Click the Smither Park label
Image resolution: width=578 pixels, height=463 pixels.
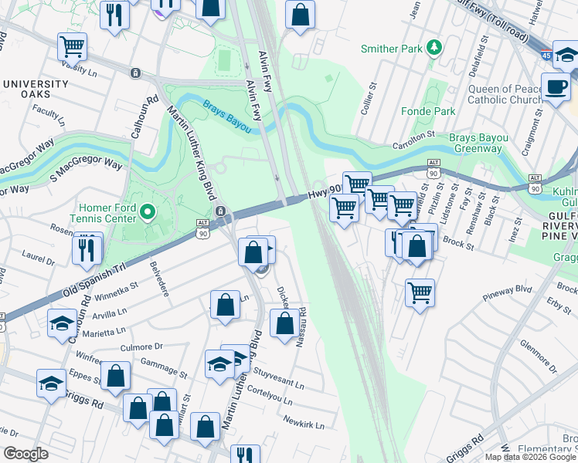(392, 49)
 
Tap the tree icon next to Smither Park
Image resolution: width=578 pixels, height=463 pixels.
(434, 49)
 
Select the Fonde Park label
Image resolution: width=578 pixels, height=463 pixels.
(427, 111)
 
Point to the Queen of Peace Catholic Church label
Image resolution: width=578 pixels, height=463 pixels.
(505, 94)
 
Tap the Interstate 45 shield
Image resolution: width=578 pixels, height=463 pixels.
(546, 55)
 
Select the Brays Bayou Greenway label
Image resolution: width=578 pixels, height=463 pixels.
(480, 143)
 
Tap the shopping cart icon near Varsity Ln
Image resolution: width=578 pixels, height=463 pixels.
(72, 46)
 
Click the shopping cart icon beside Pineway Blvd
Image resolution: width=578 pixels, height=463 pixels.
(420, 292)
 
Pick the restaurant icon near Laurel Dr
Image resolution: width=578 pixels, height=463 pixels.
(88, 248)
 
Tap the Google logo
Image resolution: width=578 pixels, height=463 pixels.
(26, 454)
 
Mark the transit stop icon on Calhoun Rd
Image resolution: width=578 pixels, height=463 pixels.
(135, 73)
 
